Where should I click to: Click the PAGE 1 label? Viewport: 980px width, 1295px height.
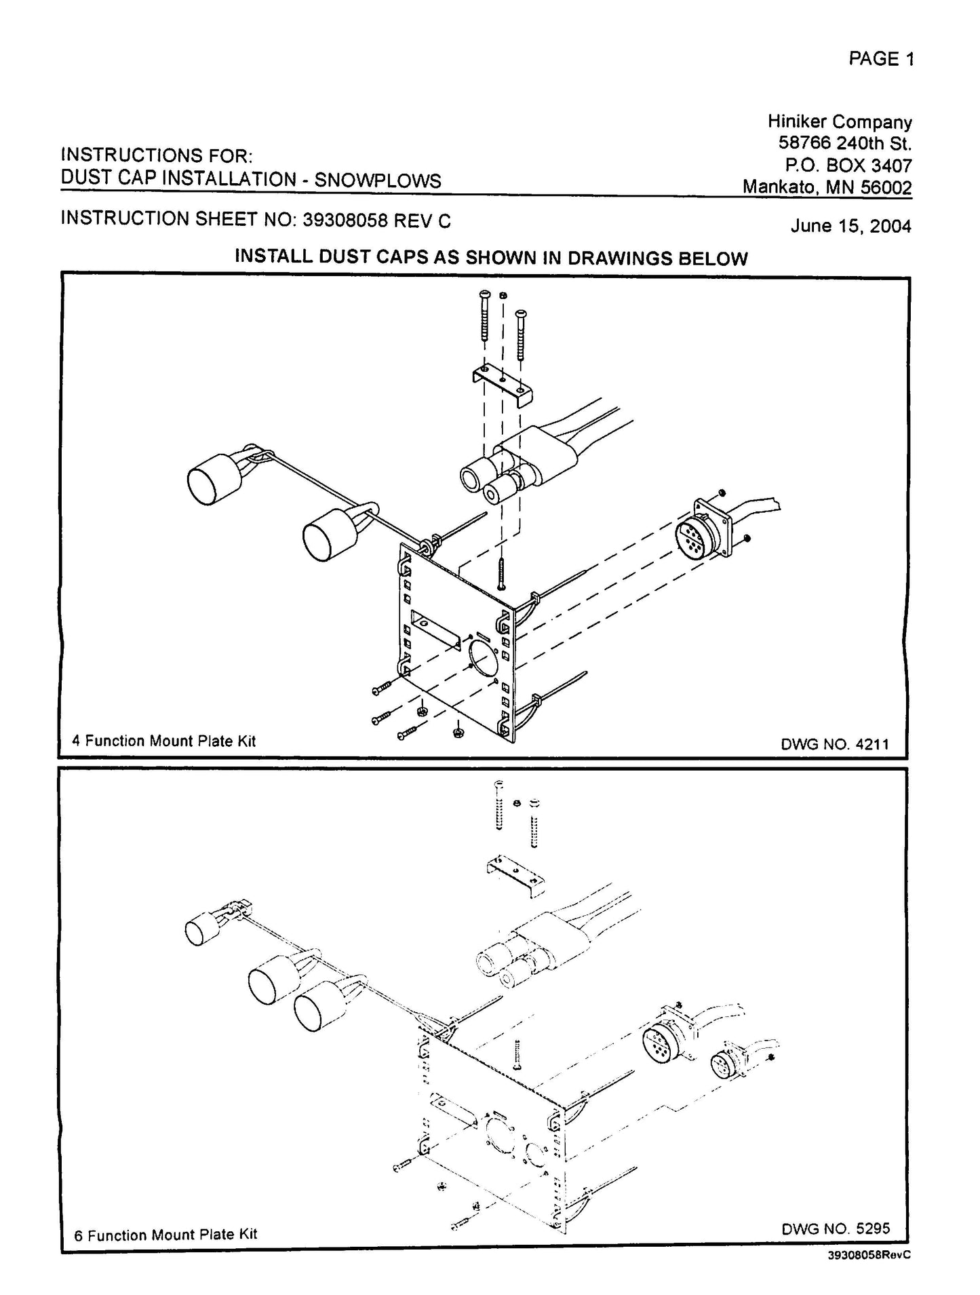(x=880, y=59)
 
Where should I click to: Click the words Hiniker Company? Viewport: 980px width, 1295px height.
(x=839, y=122)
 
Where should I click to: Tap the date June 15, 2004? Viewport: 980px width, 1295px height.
(x=850, y=226)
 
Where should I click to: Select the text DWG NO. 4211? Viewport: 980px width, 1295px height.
(x=834, y=744)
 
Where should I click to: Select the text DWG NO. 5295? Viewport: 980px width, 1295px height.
(x=835, y=1228)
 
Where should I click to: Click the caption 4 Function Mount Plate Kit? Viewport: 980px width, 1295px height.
(x=163, y=741)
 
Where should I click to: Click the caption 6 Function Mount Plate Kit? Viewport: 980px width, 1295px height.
(x=165, y=1234)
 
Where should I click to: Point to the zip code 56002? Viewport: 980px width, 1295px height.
(x=886, y=187)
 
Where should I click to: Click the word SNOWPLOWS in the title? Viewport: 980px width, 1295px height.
(x=378, y=180)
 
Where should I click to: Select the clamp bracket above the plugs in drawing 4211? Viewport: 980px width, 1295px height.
(x=502, y=385)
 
